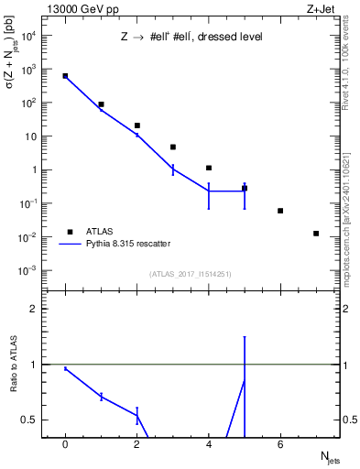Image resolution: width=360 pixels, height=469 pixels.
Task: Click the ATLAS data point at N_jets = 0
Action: pyautogui.click(x=65, y=76)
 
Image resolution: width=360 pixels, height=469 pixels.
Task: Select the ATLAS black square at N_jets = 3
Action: pyautogui.click(x=173, y=147)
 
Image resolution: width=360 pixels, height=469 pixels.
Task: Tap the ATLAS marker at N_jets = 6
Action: pyautogui.click(x=280, y=211)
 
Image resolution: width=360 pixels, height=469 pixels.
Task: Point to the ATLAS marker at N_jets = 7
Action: pyautogui.click(x=316, y=234)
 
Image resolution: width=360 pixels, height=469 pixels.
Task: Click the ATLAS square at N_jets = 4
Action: pyautogui.click(x=209, y=168)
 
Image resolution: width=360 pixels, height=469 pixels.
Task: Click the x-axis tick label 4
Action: pyautogui.click(x=209, y=445)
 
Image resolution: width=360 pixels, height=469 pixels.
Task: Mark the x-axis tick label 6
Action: pyautogui.click(x=280, y=445)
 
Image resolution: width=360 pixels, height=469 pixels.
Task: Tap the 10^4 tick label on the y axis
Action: pyautogui.click(x=29, y=36)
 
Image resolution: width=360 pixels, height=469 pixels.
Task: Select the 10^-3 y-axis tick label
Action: pyautogui.click(x=29, y=270)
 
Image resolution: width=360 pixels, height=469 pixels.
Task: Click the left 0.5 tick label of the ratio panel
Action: pyautogui.click(x=32, y=420)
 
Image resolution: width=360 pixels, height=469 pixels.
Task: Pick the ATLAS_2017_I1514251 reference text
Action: pyautogui.click(x=191, y=274)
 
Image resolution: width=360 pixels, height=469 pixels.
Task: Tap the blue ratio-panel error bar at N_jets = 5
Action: pyautogui.click(x=245, y=385)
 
